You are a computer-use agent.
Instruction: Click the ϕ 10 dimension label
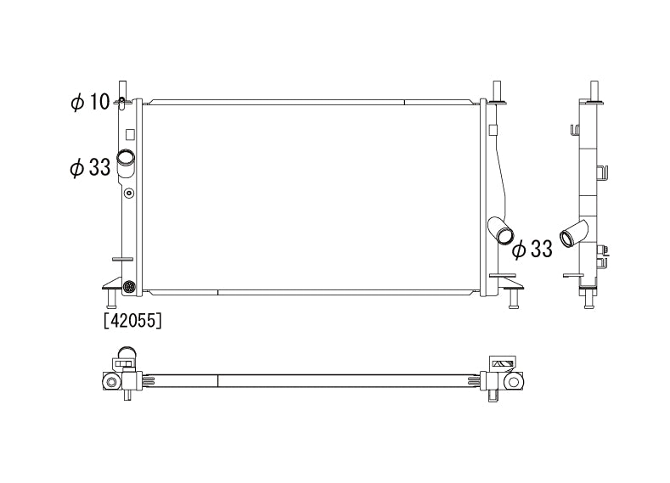coord(90,103)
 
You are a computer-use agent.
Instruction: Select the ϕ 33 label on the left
coord(90,167)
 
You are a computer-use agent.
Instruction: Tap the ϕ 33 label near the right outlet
coord(532,249)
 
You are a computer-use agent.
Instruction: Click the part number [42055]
coord(132,321)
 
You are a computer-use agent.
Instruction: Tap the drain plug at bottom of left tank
coord(129,286)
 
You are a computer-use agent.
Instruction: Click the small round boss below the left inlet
coord(129,194)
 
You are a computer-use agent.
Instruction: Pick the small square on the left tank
coord(129,132)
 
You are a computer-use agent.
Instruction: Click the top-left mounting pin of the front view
coord(122,89)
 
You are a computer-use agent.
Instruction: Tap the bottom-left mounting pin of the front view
coord(110,300)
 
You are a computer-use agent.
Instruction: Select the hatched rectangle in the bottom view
coord(502,363)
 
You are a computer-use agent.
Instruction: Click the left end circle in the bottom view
coord(110,383)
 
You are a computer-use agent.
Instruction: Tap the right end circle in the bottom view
coord(514,383)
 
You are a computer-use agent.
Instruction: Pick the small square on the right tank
coord(492,129)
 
